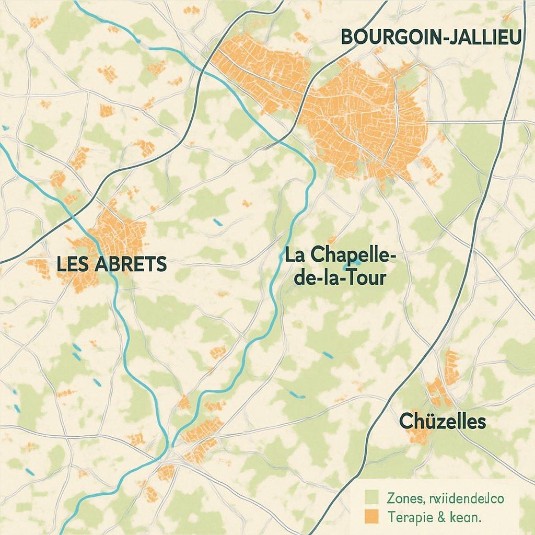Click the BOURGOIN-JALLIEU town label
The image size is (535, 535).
click(431, 37)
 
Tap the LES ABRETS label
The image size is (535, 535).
click(111, 264)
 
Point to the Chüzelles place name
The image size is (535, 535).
click(443, 421)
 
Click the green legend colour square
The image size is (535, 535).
click(371, 496)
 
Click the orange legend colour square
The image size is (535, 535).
click(371, 516)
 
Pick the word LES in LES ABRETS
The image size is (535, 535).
click(71, 264)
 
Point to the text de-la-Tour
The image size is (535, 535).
click(340, 277)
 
